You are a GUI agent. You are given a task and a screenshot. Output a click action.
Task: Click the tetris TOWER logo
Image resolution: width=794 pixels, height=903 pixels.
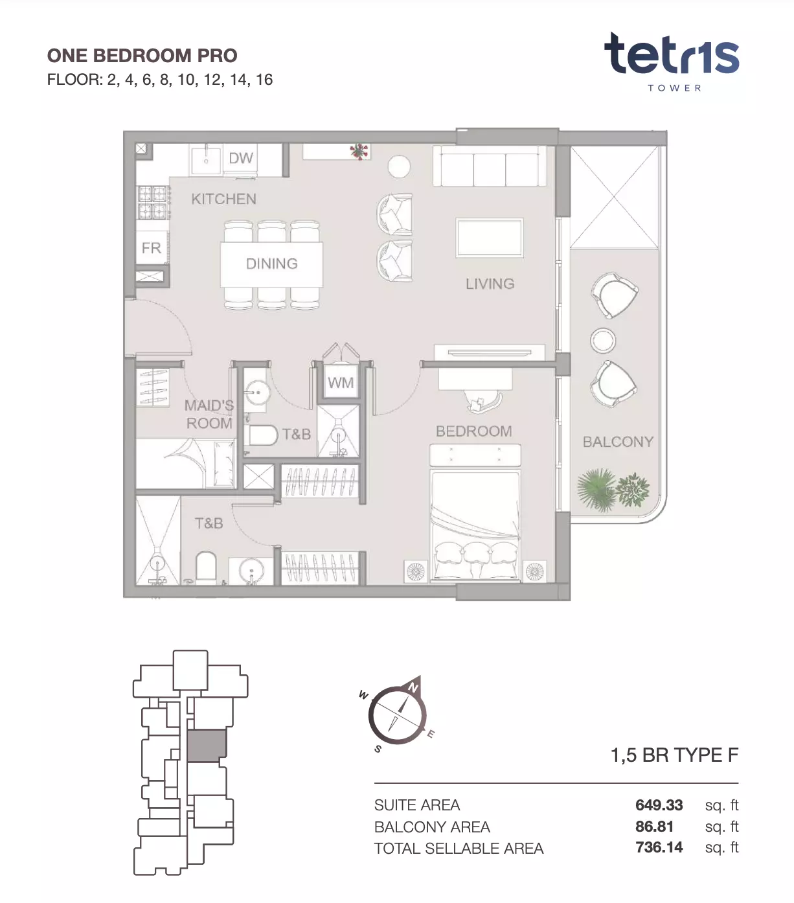672,62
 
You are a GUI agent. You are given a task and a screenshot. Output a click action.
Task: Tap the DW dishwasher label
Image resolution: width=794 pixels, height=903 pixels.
241,158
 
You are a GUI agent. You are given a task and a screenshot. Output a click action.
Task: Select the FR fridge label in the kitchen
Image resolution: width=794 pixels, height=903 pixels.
151,248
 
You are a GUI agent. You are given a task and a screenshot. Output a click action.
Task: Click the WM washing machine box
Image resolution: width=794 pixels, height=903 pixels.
341,382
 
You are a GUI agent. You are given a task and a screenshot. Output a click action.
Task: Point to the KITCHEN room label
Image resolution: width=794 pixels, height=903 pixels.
223,199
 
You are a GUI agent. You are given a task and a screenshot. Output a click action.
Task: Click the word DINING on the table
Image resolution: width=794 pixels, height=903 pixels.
272,264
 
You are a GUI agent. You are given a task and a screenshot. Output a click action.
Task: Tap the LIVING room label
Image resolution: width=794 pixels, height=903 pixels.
490,284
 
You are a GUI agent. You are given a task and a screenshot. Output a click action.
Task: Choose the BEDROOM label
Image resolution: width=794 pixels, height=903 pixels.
473,431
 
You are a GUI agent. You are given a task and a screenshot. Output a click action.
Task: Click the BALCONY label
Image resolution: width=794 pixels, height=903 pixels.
618,442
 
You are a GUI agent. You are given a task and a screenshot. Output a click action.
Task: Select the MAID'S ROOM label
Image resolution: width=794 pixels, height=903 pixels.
209,414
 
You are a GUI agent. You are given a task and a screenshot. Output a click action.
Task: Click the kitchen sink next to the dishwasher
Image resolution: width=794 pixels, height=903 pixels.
206,159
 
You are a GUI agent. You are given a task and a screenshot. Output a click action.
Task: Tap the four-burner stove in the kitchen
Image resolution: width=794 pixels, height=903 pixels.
153,203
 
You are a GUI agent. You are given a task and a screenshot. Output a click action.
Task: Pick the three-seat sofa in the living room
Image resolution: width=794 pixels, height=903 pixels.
489,166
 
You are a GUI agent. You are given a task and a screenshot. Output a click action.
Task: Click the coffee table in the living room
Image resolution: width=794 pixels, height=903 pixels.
489,238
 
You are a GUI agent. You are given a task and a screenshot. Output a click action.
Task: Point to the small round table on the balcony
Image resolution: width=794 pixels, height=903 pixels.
603,341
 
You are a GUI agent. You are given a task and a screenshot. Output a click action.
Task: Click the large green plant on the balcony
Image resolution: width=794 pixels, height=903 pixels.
596,489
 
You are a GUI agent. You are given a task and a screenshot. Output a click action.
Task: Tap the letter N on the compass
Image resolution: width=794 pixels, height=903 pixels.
413,688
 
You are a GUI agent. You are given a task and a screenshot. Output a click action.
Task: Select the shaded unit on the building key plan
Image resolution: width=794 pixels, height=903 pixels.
207,745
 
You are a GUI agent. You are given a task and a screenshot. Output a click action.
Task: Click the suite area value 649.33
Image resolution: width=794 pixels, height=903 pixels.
659,805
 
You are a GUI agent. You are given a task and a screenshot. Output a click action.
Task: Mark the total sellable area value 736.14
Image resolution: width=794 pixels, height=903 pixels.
659,847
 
